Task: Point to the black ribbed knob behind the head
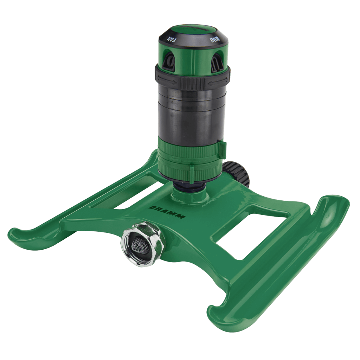click(238, 173)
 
